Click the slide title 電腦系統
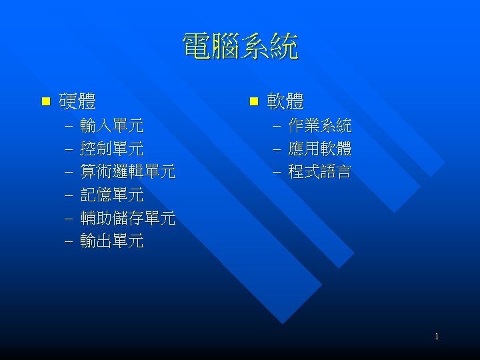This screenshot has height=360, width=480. (240, 48)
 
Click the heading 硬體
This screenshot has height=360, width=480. (77, 102)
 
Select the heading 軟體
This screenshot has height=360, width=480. (285, 102)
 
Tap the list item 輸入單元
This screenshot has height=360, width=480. (111, 125)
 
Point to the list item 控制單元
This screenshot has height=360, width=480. (111, 149)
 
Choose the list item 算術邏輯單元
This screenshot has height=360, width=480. (127, 172)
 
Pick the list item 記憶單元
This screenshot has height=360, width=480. (111, 195)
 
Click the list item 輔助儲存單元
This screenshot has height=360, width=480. (127, 219)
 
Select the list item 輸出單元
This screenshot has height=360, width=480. (111, 241)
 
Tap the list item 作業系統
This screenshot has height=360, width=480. (320, 125)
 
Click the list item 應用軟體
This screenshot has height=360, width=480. (320, 149)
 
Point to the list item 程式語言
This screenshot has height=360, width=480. (320, 172)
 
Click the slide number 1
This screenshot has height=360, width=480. (437, 337)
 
